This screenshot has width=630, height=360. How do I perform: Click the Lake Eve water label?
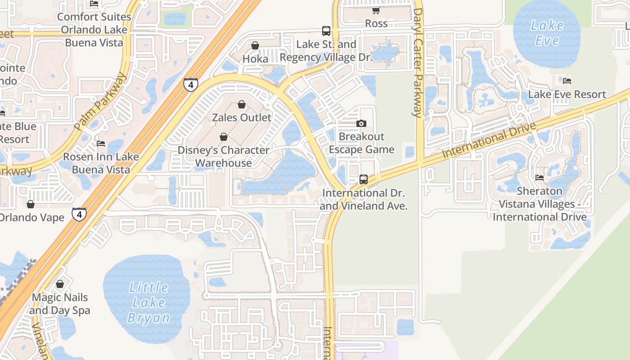click(547, 33)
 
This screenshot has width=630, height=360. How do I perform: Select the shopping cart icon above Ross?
click(376, 10)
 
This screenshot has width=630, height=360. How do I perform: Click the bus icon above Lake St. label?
click(326, 31)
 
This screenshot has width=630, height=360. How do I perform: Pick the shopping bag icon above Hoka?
click(255, 45)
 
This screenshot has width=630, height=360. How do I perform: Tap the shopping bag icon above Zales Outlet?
click(242, 104)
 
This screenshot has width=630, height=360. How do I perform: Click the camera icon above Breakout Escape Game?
click(361, 123)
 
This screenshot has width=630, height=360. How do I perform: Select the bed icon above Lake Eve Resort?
click(567, 81)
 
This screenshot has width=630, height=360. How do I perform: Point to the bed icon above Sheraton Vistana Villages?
click(540, 178)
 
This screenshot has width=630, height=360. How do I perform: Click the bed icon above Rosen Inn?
click(101, 144)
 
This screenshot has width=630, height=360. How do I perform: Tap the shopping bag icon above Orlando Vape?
click(31, 204)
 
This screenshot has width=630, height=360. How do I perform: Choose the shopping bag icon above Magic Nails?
click(59, 284)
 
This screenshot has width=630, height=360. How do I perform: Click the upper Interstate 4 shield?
click(191, 84)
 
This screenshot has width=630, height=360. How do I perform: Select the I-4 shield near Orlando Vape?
click(79, 214)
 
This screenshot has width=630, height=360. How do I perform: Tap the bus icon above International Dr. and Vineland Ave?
click(363, 180)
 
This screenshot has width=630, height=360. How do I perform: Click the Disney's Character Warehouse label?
click(224, 156)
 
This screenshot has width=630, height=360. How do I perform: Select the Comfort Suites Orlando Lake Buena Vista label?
click(94, 30)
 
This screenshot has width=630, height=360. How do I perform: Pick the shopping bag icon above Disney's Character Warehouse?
click(224, 137)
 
